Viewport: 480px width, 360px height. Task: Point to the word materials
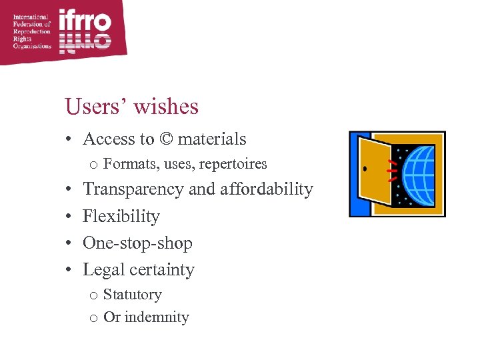tap(212, 139)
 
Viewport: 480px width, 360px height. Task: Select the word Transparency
tap(133, 189)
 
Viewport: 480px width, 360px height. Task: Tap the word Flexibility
tap(121, 216)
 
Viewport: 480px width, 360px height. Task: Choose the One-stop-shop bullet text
tap(137, 243)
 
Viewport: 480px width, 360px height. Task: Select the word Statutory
tap(133, 295)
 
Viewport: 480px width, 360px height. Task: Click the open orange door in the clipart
tap(374, 169)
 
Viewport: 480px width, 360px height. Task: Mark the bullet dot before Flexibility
tap(69, 217)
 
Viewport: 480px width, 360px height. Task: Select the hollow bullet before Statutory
tap(94, 296)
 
